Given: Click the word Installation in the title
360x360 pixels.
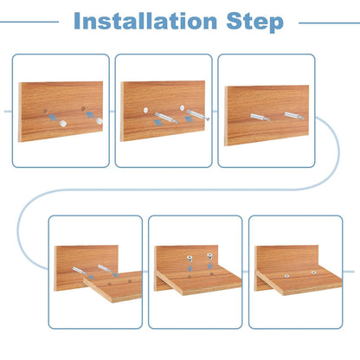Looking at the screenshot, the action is point(145,21).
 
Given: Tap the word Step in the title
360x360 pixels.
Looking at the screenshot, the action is point(255,22).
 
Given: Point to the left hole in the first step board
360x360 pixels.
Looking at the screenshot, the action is point(46,111).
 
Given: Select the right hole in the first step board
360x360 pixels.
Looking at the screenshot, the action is point(83,109).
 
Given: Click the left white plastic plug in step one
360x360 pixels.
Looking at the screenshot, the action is point(62,123).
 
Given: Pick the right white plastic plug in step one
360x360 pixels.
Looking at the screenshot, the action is point(100,121).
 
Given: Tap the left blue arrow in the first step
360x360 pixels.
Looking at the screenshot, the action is point(53,117).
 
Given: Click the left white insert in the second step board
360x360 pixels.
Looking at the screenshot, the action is point(145,110).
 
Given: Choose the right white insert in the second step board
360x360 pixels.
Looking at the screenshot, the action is point(182,108).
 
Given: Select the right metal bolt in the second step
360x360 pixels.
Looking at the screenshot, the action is point(198,115).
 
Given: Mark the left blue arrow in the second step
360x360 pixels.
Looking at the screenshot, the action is point(158,122).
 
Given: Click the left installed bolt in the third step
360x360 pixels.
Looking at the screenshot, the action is point(260,117).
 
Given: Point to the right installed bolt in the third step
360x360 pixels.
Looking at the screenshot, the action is point(294,116).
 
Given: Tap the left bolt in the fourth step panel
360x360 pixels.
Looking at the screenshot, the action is point(79,271).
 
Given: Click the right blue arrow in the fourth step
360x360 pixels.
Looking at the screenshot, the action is point(116,274).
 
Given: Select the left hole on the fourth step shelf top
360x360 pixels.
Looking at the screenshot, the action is point(109,284).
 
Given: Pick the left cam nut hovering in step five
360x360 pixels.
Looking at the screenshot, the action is point(190,258).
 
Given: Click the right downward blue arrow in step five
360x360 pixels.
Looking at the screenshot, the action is point(210,266).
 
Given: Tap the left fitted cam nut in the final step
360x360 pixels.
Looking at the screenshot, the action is point(286,276).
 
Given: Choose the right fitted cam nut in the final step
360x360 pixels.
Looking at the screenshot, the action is point(313,272).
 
